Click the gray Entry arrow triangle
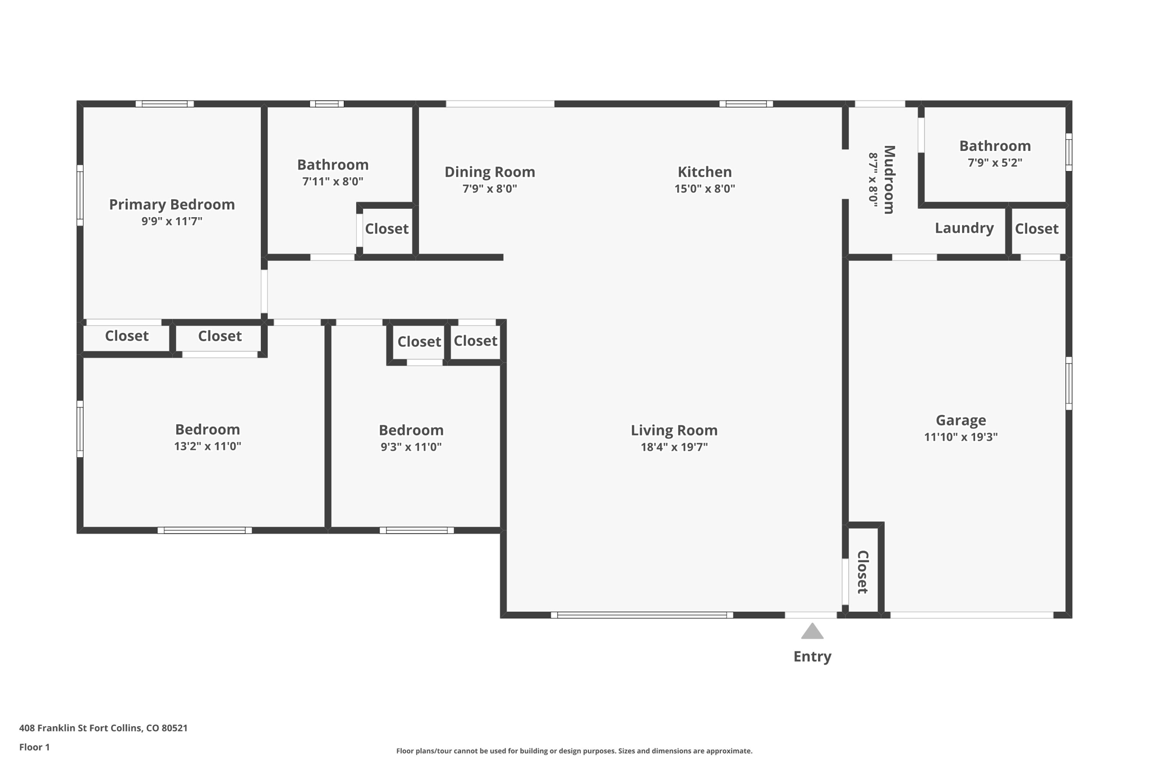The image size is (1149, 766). (x=812, y=632)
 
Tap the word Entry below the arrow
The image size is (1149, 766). (x=812, y=657)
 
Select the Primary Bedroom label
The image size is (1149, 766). (x=172, y=204)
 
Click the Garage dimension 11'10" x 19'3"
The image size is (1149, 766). (x=960, y=437)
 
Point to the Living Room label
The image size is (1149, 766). (x=674, y=430)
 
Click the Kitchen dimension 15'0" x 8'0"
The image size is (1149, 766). (x=704, y=189)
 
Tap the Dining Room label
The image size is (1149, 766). (x=490, y=172)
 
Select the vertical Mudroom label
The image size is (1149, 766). (x=889, y=180)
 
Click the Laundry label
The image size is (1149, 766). (x=964, y=228)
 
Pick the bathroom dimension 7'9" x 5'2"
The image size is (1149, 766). (x=995, y=163)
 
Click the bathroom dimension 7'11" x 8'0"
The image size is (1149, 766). (x=333, y=181)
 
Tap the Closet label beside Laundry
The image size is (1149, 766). (x=1036, y=228)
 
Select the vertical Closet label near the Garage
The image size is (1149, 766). (x=863, y=572)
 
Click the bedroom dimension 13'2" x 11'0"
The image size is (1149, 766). (x=208, y=446)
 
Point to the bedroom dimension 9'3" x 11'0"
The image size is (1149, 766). (x=411, y=447)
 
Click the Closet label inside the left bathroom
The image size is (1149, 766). (x=387, y=228)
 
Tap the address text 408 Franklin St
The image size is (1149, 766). (x=53, y=728)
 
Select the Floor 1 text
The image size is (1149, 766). (x=34, y=747)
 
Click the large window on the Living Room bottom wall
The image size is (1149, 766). (x=642, y=615)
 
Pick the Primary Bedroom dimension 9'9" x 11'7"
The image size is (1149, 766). (x=172, y=221)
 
